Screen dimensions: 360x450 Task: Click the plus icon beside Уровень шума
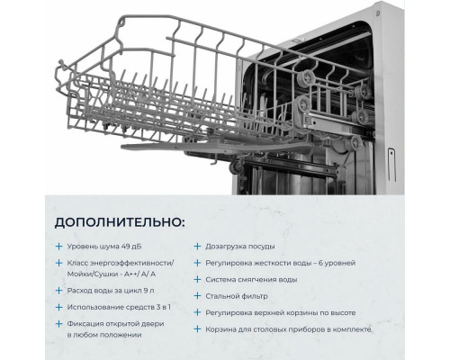coord(58,245)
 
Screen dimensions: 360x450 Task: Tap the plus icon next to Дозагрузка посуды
coord(197,245)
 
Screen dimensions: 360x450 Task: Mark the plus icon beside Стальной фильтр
coord(197,296)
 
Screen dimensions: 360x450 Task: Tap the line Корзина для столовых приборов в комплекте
coord(302,329)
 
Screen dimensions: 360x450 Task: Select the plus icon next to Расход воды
coord(58,292)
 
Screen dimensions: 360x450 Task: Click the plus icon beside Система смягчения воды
coord(197,279)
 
